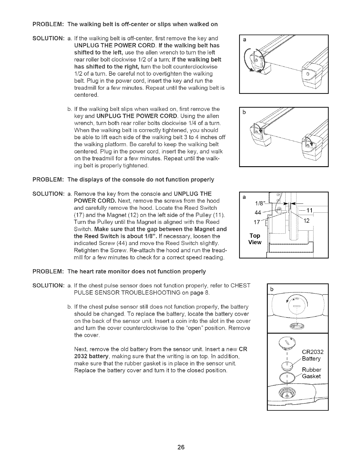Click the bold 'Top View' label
coord(255,239)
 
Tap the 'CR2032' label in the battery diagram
coord(313,352)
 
